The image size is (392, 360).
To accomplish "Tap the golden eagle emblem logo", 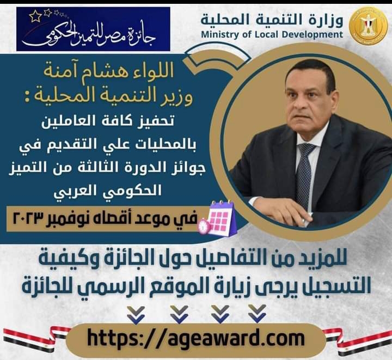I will [368, 26].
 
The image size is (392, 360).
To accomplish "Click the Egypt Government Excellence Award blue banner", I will [93, 29].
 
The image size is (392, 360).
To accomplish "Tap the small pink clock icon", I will [204, 226].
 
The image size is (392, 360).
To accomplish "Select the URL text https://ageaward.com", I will [196, 339].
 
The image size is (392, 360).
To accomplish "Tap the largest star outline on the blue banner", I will [35, 16].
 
